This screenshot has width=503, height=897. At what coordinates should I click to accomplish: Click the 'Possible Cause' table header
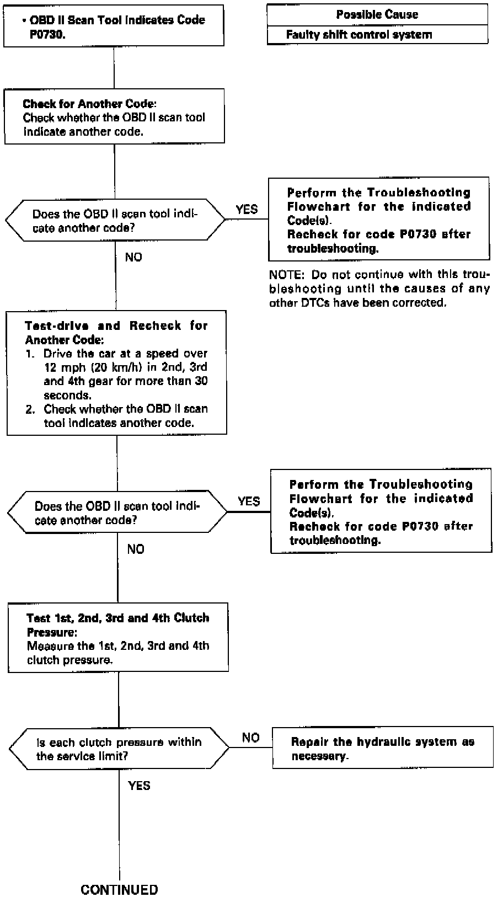click(x=377, y=14)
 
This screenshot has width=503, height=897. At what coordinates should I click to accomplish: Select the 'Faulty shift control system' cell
click(x=358, y=35)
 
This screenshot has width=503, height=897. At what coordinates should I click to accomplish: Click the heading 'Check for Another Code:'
click(x=89, y=104)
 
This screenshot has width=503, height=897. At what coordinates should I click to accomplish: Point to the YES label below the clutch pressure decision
click(x=138, y=785)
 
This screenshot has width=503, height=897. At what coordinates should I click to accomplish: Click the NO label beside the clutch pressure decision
click(x=250, y=738)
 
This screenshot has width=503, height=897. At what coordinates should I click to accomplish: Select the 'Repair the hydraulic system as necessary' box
click(x=383, y=748)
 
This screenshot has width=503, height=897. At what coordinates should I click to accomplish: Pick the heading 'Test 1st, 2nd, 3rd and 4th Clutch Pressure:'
click(x=117, y=624)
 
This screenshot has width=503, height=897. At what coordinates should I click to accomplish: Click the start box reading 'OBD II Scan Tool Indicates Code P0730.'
click(x=114, y=26)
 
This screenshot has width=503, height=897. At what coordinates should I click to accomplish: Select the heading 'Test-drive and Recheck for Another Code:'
click(x=116, y=333)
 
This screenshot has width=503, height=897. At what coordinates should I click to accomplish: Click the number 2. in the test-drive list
click(x=30, y=409)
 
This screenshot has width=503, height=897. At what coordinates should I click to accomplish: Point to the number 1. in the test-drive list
click(x=30, y=353)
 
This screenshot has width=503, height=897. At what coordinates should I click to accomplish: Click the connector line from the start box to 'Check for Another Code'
click(x=114, y=68)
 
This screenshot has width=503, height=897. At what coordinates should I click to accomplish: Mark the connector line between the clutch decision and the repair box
click(x=251, y=748)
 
